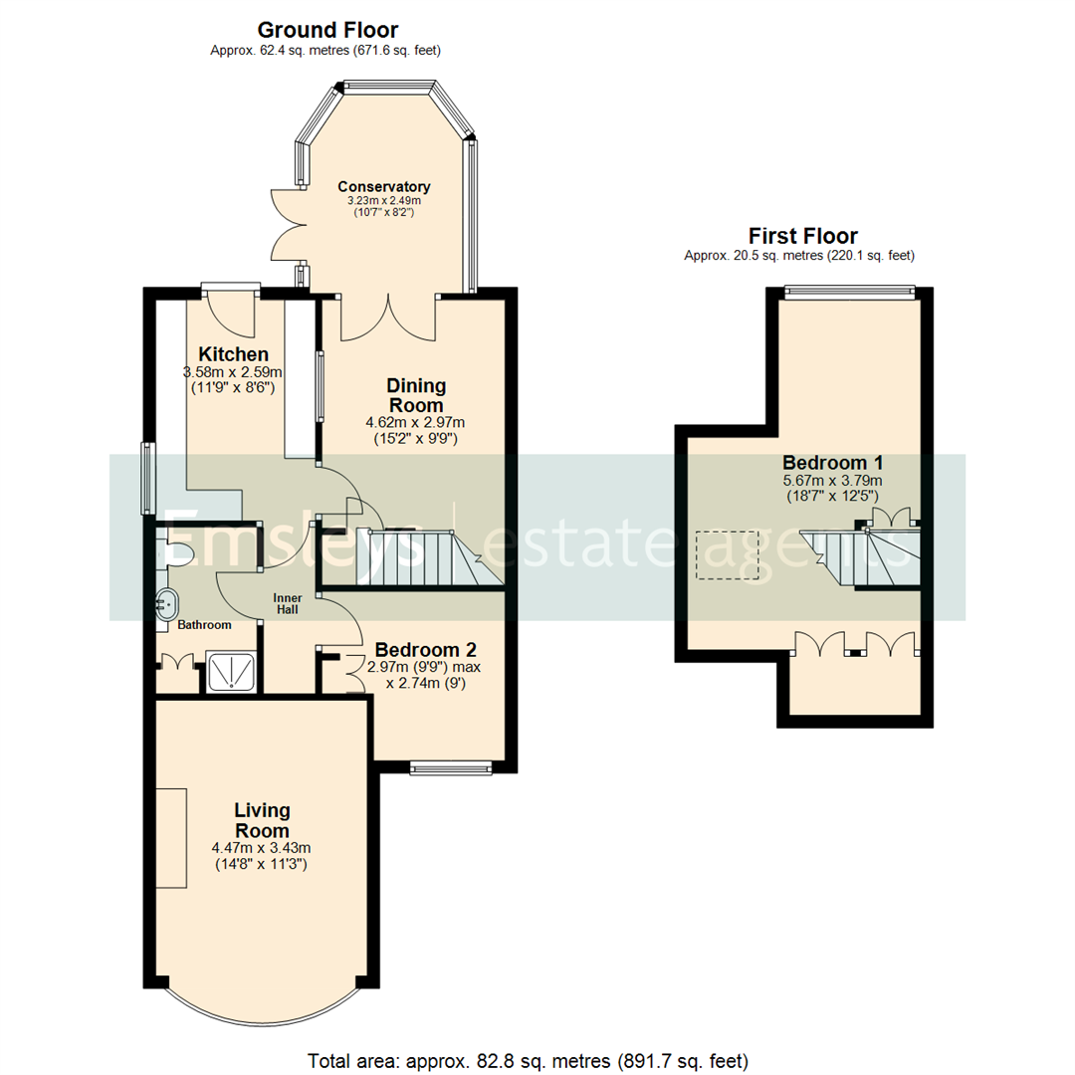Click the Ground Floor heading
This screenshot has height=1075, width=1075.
click(327, 30)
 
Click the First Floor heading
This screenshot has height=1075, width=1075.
click(802, 236)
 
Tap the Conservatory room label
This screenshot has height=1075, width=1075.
click(383, 186)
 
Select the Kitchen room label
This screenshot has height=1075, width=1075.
click(234, 355)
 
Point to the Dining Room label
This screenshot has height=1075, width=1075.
click(417, 395)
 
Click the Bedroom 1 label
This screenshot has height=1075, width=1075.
click(832, 463)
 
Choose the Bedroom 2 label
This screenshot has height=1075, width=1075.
click(414, 648)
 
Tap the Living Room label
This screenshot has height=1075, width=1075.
click(262, 820)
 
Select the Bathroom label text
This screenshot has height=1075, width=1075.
click(204, 625)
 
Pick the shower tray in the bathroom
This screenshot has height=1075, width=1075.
click(232, 671)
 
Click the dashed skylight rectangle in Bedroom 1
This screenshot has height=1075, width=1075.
click(728, 554)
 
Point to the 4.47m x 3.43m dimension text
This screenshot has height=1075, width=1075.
click(262, 848)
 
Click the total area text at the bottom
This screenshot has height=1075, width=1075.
click(529, 1060)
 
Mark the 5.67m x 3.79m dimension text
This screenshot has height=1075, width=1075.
click(832, 481)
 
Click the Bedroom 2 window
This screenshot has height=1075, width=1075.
click(451, 766)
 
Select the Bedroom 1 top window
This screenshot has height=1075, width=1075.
click(849, 292)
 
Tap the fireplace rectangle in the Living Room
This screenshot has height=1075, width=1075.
click(171, 837)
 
